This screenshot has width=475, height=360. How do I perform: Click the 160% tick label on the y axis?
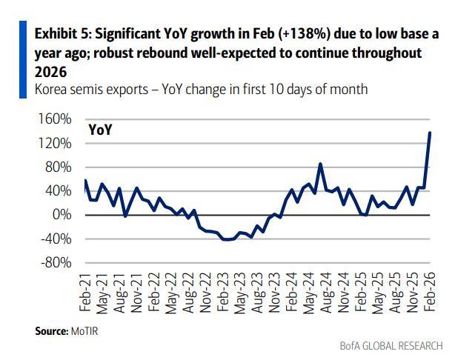(x=56, y=119)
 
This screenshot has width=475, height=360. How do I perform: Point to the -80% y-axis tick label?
(x=56, y=263)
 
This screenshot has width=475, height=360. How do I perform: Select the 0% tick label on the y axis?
(x=62, y=215)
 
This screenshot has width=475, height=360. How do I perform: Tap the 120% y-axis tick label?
(x=56, y=143)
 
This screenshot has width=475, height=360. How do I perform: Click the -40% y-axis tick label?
(x=56, y=239)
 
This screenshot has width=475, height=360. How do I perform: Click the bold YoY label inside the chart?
(x=101, y=130)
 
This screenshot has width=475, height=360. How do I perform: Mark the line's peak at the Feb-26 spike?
(x=431, y=133)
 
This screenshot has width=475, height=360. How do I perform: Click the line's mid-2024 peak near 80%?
(x=320, y=164)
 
